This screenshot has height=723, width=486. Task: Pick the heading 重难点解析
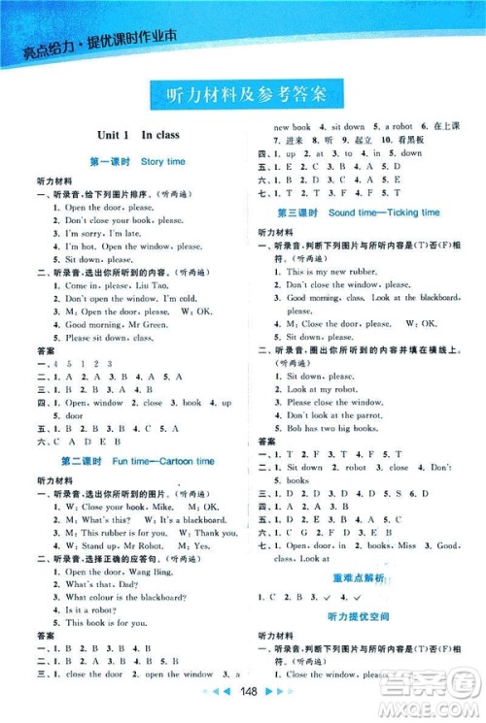pyautogui.click(x=361, y=578)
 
